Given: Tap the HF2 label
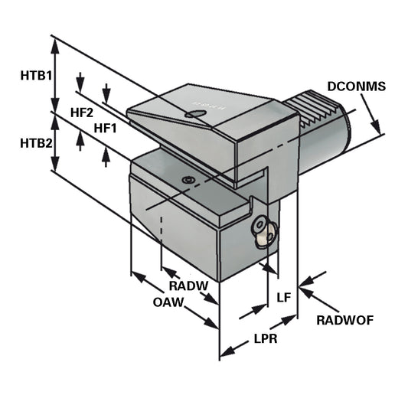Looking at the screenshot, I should [x=82, y=113].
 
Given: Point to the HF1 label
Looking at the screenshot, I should [x=105, y=128].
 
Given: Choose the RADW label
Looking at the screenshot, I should [x=188, y=286].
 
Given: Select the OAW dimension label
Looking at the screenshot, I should [x=168, y=302].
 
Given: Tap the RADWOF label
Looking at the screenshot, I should [x=344, y=320].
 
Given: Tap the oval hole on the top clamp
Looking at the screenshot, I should [x=196, y=115].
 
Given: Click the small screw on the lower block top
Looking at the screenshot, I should [x=187, y=179].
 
